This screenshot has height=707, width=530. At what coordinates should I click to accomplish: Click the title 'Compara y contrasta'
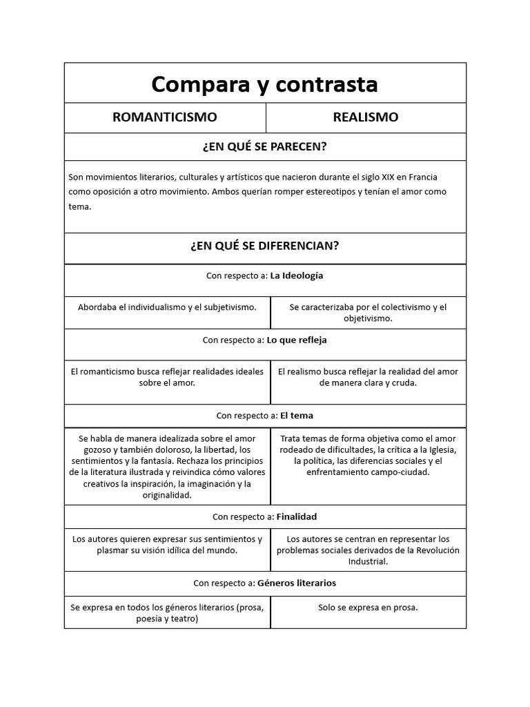tap(264, 84)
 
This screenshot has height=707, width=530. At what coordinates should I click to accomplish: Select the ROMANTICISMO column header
tap(164, 117)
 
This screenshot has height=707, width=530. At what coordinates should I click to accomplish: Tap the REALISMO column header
tap(365, 117)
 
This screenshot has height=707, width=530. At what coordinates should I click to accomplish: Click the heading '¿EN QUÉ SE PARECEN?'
tap(264, 147)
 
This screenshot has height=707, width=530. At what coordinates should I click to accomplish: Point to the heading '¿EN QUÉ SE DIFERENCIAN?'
tap(264, 246)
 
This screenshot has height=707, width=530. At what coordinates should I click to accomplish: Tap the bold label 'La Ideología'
tap(297, 275)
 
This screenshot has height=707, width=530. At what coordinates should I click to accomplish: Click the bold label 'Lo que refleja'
tap(297, 340)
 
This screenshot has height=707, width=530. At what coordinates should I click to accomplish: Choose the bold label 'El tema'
tap(297, 416)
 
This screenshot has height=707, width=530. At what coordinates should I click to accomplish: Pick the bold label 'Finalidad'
tap(297, 516)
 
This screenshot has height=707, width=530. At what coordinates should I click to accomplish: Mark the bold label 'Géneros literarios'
tap(297, 583)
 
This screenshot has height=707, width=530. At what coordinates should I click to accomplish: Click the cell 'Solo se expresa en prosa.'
tap(368, 608)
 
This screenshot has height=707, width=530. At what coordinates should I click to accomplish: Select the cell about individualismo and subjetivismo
tap(167, 307)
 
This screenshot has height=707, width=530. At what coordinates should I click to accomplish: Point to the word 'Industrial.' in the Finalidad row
tap(368, 561)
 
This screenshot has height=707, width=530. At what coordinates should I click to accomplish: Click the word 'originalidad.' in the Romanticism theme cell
tap(167, 495)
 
